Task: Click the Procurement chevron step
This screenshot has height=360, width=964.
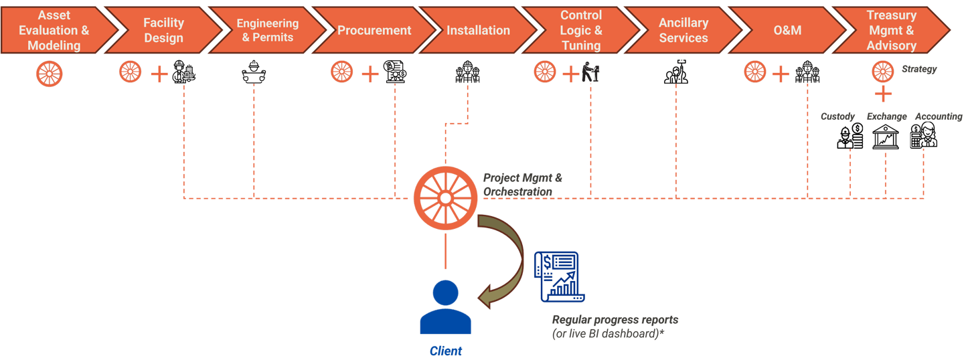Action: pyautogui.click(x=374, y=30)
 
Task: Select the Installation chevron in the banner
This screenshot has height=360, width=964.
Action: pyautogui.click(x=478, y=30)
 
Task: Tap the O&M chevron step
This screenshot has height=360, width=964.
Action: pyautogui.click(x=787, y=30)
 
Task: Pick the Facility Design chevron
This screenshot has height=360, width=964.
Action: pyautogui.click(x=163, y=30)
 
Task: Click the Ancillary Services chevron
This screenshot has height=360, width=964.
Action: pyautogui.click(x=684, y=30)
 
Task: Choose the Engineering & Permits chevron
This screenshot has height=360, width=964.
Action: pyautogui.click(x=268, y=30)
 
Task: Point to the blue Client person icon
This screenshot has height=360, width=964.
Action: pyautogui.click(x=445, y=306)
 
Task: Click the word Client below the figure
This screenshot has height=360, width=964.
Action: pyautogui.click(x=445, y=351)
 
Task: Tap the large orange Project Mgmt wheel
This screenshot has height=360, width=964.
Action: pyautogui.click(x=445, y=198)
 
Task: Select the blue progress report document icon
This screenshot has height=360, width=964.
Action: pyautogui.click(x=559, y=276)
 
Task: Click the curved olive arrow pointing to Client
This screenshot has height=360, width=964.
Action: pyautogui.click(x=501, y=261)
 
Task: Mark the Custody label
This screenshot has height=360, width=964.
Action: pyautogui.click(x=837, y=116)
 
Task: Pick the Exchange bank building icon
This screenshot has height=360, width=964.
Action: pyautogui.click(x=885, y=137)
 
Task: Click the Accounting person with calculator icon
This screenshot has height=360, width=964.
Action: pyautogui.click(x=924, y=135)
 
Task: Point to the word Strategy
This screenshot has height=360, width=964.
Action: pyautogui.click(x=919, y=69)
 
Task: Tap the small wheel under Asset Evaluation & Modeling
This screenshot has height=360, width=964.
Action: pyautogui.click(x=50, y=74)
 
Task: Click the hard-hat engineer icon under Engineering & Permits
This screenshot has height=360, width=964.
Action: pyautogui.click(x=254, y=72)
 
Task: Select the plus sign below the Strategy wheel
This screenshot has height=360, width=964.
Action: pyautogui.click(x=883, y=94)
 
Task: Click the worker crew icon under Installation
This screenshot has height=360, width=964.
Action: pyautogui.click(x=468, y=72)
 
